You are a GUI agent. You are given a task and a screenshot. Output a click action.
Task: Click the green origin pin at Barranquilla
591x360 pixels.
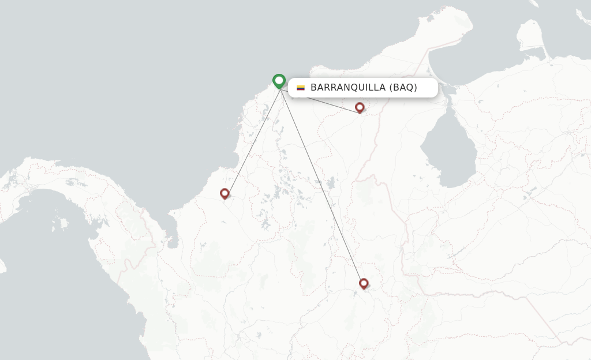[x=279, y=81]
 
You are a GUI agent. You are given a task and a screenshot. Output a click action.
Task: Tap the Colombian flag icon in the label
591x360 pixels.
[x=301, y=88]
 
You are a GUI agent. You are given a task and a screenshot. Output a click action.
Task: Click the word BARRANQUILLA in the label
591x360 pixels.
[x=347, y=88]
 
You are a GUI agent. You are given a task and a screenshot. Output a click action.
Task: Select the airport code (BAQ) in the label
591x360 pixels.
[x=403, y=88]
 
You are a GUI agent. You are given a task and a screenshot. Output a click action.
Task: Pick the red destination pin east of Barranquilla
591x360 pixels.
[x=360, y=107]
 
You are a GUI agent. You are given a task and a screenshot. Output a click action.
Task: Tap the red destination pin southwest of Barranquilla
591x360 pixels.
[x=225, y=194]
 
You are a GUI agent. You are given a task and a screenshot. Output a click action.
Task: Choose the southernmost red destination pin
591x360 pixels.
[x=364, y=283]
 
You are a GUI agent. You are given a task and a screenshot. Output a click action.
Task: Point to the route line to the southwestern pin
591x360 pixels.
[x=253, y=142]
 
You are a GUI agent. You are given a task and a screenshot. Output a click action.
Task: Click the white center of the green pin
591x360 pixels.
[x=279, y=80]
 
